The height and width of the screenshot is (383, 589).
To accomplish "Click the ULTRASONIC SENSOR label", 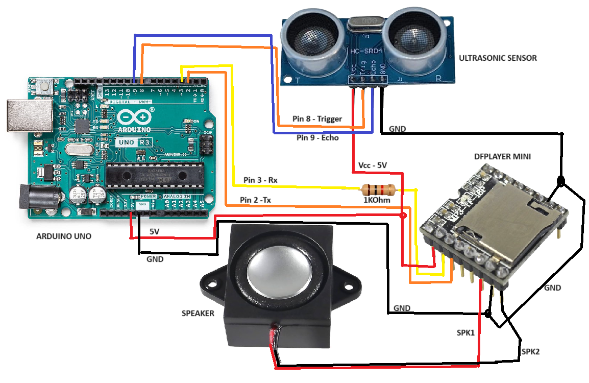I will point(498,58).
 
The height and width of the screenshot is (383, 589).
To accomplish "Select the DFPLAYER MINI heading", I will point(502,157).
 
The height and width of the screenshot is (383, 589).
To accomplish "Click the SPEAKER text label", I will point(198,313).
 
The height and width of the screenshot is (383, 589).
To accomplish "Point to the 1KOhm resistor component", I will point(378,190).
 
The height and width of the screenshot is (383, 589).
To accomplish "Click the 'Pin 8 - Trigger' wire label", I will point(317,118).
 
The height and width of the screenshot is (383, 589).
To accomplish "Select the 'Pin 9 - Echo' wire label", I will point(317,138).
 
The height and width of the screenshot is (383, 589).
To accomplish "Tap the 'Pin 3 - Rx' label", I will point(260,180).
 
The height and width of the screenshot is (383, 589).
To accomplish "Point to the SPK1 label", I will point(465,332).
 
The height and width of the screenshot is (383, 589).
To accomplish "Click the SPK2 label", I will point(531,352).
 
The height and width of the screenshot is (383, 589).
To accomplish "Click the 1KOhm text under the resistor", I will point(378,201).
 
